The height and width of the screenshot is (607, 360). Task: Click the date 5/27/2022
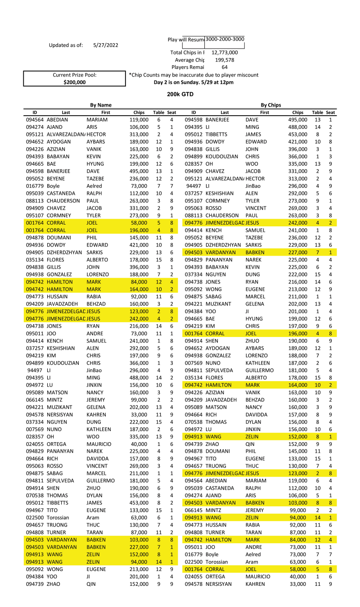pyautogui.click(x=106, y=45)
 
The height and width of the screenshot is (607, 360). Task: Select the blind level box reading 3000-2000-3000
pyautogui.click(x=225, y=39)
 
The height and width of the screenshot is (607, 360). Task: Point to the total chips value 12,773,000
pyautogui.click(x=225, y=53)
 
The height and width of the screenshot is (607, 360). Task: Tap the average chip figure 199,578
pyautogui.click(x=225, y=60)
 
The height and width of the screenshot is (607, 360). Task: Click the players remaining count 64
pyautogui.click(x=225, y=67)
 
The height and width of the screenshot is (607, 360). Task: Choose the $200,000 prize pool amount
pyautogui.click(x=74, y=82)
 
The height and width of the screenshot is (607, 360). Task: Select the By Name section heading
pyautogui.click(x=101, y=105)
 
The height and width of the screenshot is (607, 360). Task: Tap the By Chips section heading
pyautogui.click(x=271, y=105)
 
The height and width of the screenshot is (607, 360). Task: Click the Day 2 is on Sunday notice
pyautogui.click(x=193, y=82)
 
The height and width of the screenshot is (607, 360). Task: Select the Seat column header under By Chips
pyautogui.click(x=330, y=112)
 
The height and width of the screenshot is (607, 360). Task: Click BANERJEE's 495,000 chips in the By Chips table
pyautogui.click(x=297, y=120)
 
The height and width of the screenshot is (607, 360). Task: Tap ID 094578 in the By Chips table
pyautogui.click(x=193, y=584)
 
